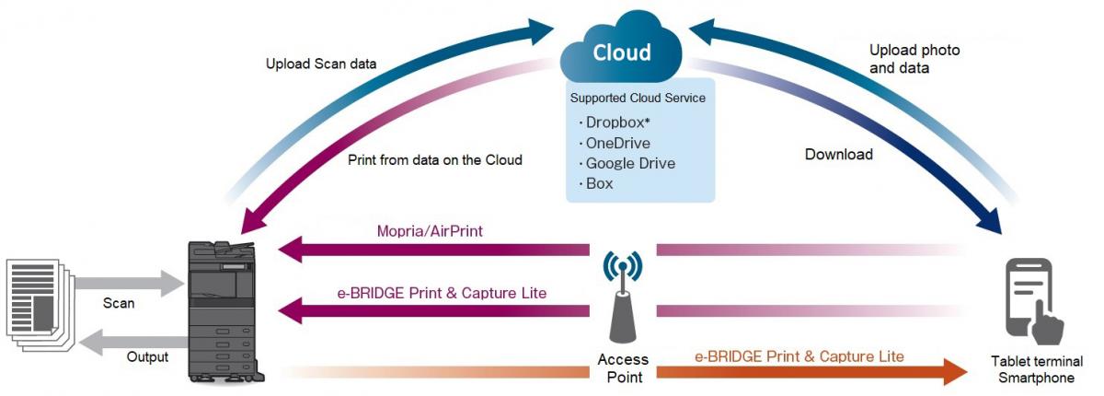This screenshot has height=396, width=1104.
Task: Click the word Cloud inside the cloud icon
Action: tap(622, 53)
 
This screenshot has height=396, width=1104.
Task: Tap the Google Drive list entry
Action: tap(630, 163)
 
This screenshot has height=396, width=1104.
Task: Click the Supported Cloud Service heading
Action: tap(638, 97)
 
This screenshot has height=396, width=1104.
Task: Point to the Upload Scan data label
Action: tap(321, 64)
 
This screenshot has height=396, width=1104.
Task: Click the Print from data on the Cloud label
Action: tap(435, 159)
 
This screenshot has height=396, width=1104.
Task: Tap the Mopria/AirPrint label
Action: tap(430, 231)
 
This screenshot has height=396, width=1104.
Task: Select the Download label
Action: tap(839, 155)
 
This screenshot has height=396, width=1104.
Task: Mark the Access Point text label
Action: tap(623, 367)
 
